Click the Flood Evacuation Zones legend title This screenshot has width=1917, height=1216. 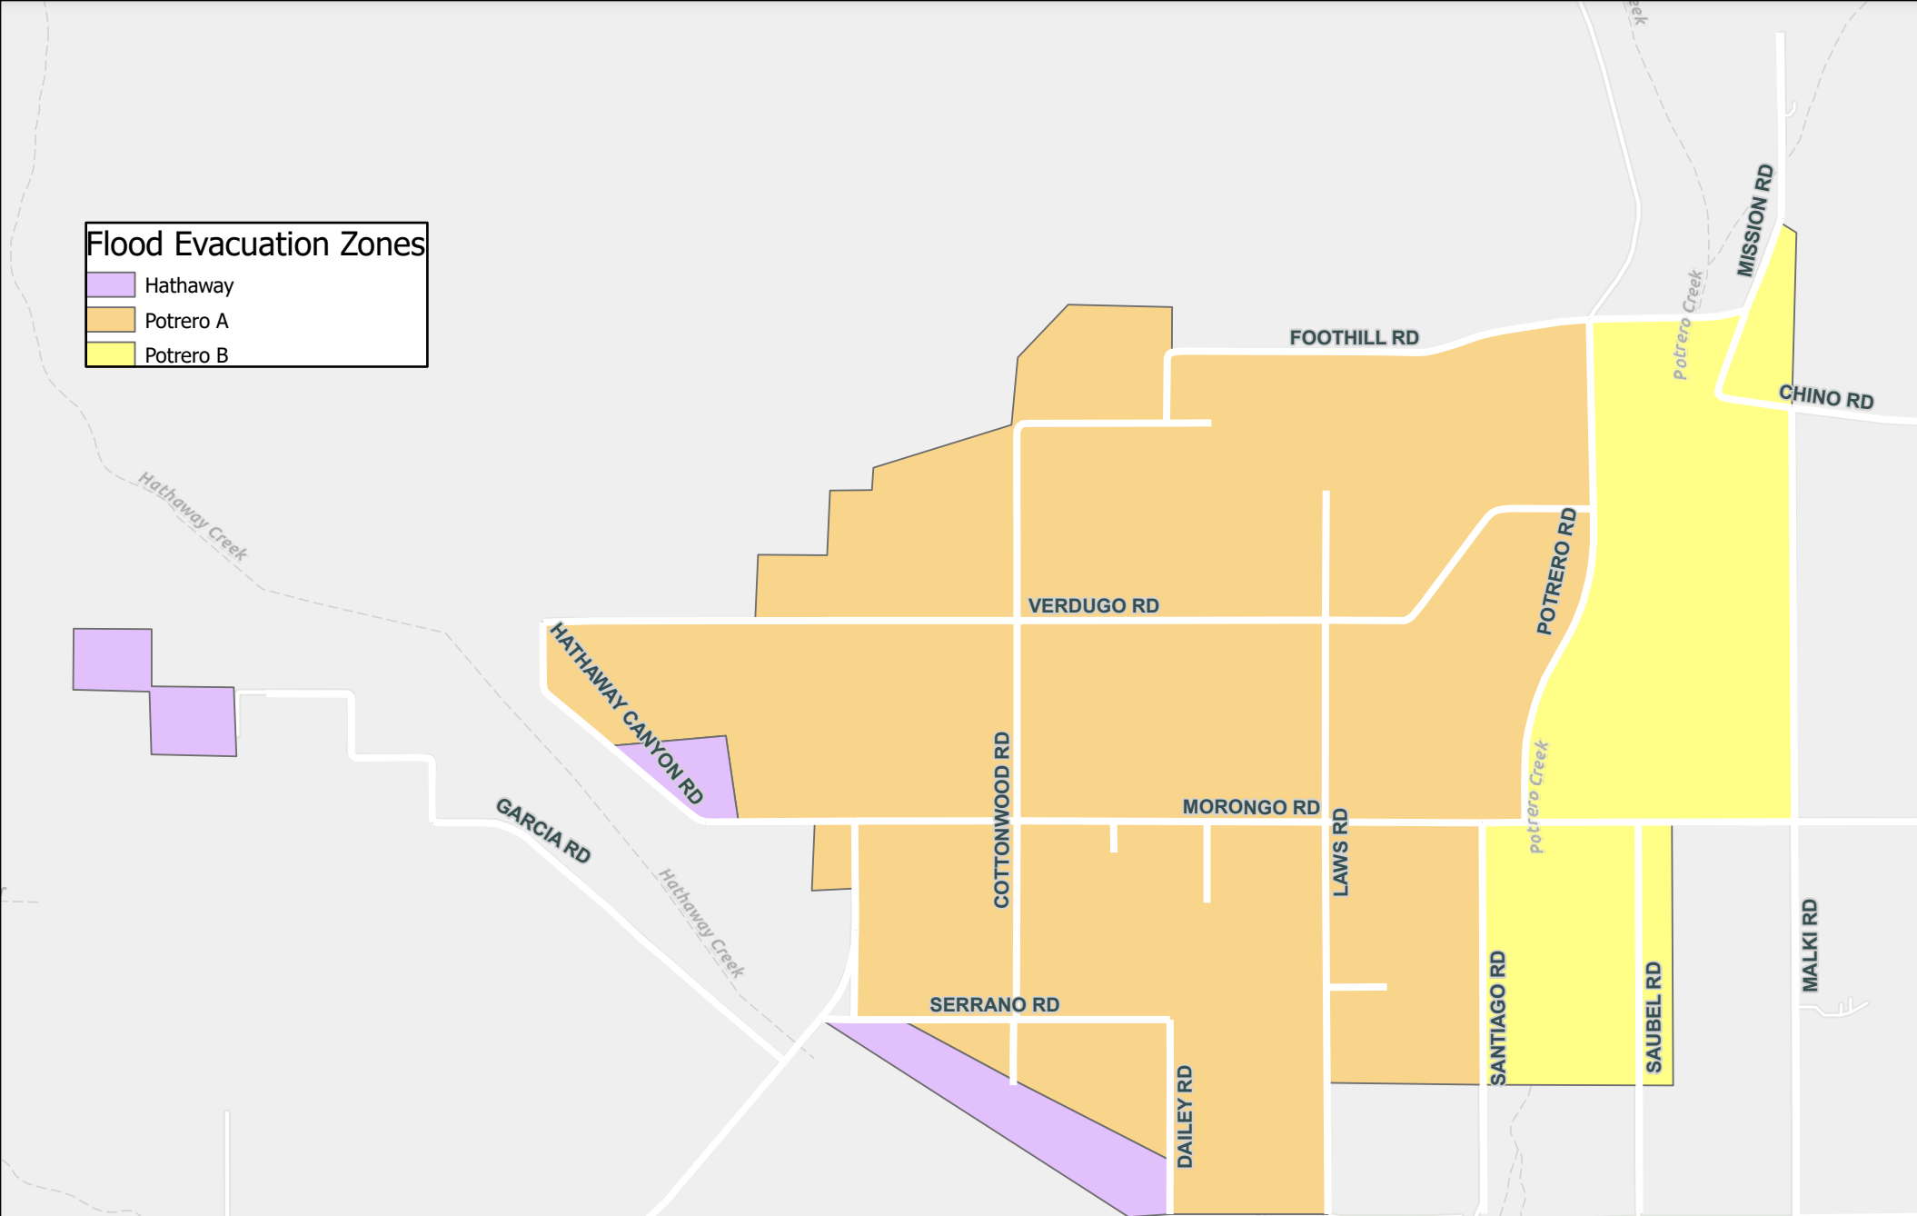[x=255, y=244]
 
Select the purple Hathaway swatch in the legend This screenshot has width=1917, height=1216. [x=111, y=285]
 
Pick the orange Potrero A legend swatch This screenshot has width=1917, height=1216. [x=111, y=320]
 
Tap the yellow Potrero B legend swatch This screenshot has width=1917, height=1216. [x=111, y=354]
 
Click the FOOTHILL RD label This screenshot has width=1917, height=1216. [x=1354, y=338]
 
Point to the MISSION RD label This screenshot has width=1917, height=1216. [x=1754, y=221]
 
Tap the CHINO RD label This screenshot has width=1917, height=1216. [x=1826, y=397]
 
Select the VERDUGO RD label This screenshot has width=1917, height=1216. [x=1093, y=606]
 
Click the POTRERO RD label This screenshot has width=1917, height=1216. [x=1556, y=572]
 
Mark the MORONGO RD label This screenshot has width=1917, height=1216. [x=1250, y=807]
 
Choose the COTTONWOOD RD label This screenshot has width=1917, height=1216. [x=1002, y=820]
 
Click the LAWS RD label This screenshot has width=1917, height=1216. [x=1340, y=852]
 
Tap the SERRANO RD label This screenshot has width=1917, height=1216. [x=994, y=1005]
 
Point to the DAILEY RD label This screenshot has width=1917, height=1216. [x=1185, y=1117]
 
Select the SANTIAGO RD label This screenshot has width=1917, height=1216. [x=1498, y=1018]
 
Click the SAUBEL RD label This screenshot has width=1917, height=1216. [x=1654, y=1018]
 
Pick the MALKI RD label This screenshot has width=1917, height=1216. [x=1810, y=945]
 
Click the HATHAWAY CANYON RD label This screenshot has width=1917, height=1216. [x=626, y=713]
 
